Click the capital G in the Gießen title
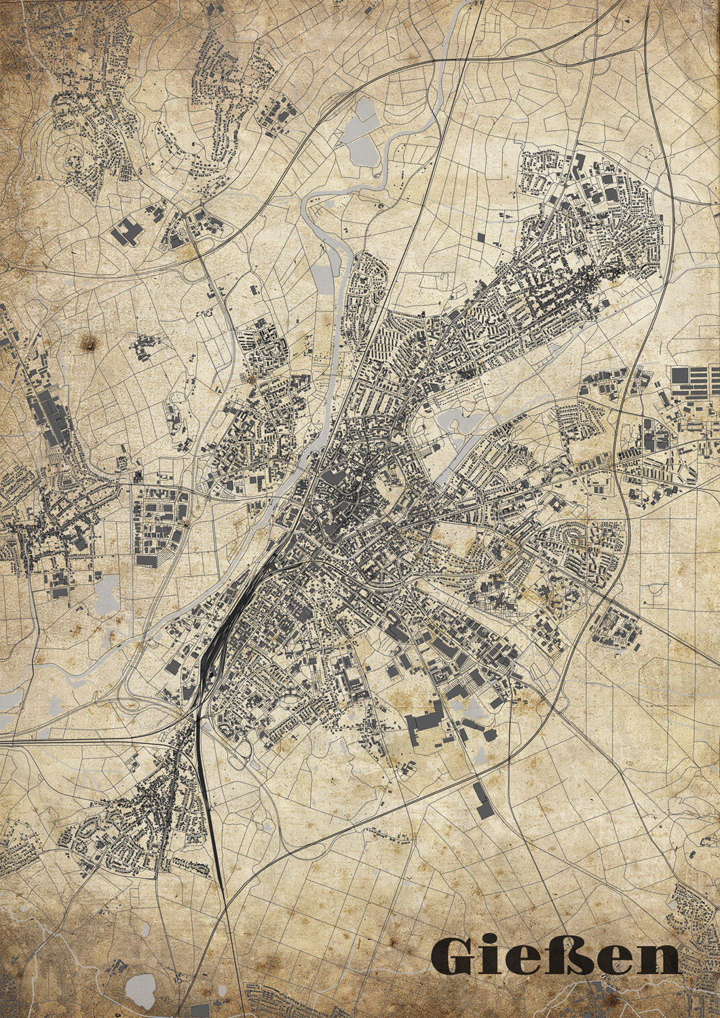(453, 956)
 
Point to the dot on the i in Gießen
(495, 941)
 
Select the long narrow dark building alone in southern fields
(481, 801)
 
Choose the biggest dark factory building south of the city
(424, 719)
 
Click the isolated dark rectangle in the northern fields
(482, 237)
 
